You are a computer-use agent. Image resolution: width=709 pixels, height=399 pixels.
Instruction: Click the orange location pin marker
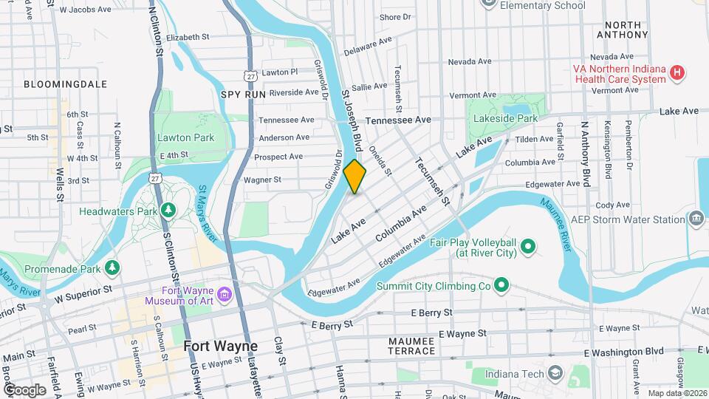[355, 176]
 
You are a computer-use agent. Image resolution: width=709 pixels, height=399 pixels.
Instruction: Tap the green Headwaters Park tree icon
[168, 211]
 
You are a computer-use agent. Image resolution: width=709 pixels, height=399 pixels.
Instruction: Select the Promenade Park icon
[112, 267]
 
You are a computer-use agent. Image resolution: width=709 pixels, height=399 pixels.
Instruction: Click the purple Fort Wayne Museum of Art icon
[225, 296]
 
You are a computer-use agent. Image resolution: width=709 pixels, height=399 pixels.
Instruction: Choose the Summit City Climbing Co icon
[501, 284]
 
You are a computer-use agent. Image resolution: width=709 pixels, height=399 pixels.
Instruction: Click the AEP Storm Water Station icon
[696, 219]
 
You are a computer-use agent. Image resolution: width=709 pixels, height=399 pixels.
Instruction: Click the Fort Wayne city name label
[220, 346]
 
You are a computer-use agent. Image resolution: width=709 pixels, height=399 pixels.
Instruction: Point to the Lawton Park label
[185, 137]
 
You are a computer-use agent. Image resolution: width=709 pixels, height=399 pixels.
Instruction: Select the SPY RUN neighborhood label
[242, 94]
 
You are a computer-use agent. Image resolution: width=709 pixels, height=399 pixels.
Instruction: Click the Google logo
[24, 389]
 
